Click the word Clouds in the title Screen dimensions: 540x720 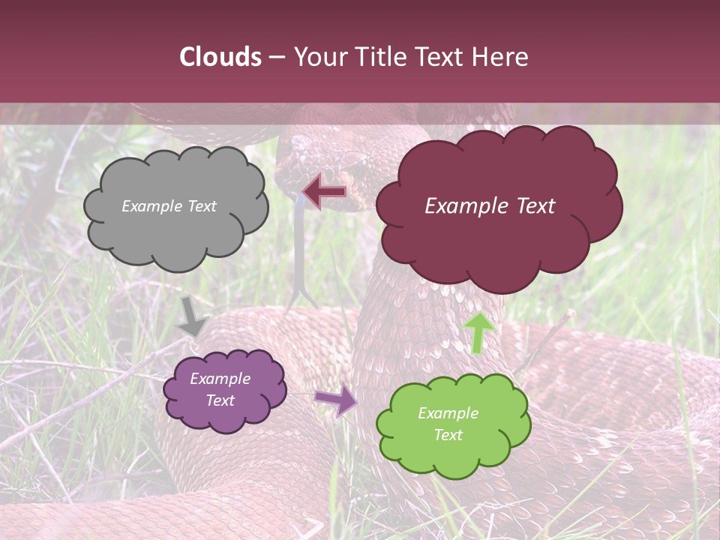[x=220, y=57]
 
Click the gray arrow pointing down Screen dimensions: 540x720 [x=193, y=316]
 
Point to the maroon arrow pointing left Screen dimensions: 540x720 [x=325, y=191]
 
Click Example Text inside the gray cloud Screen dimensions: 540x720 [x=169, y=206]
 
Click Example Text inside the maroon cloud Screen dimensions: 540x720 [x=490, y=206]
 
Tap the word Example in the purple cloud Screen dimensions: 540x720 [x=220, y=379]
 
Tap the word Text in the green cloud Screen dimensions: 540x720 [x=448, y=435]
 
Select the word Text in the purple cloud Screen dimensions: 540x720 [x=220, y=400]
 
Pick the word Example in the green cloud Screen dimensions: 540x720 [x=448, y=413]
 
